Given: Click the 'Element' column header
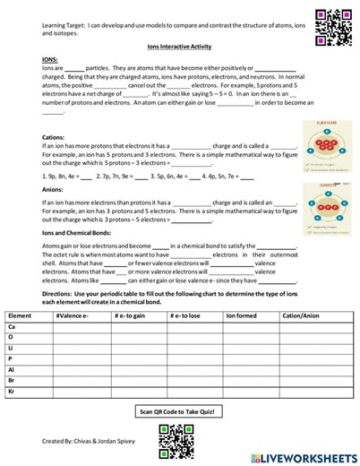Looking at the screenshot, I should (20, 316).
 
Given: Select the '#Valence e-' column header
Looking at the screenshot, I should (72, 316).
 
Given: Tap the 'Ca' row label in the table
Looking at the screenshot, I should (12, 327).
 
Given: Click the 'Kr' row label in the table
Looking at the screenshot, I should (12, 391).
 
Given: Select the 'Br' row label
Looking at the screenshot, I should (12, 380).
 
